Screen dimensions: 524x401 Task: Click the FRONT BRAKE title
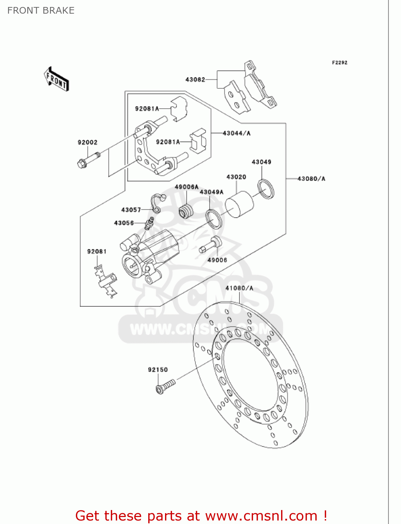click(x=41, y=10)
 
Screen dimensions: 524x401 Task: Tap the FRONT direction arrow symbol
click(x=56, y=79)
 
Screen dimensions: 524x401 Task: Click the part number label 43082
click(x=195, y=80)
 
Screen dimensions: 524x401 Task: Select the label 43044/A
click(x=236, y=133)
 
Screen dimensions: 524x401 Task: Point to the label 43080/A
click(x=311, y=179)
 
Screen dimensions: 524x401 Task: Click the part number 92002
click(x=87, y=142)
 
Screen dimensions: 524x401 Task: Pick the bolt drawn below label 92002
click(x=88, y=159)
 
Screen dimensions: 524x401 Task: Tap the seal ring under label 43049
click(x=266, y=189)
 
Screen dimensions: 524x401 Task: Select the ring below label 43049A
click(x=214, y=219)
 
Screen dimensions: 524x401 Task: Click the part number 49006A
click(x=186, y=187)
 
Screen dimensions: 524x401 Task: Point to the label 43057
click(x=131, y=210)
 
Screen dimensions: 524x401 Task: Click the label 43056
click(x=124, y=223)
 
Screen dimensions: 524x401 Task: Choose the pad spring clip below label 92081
click(x=106, y=282)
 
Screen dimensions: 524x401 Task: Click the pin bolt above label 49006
click(x=211, y=245)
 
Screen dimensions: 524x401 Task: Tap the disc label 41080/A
click(x=239, y=288)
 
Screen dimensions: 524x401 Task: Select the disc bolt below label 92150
click(x=165, y=386)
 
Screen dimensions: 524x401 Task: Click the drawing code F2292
click(x=339, y=63)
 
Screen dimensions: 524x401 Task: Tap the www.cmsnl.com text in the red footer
click(x=261, y=516)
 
